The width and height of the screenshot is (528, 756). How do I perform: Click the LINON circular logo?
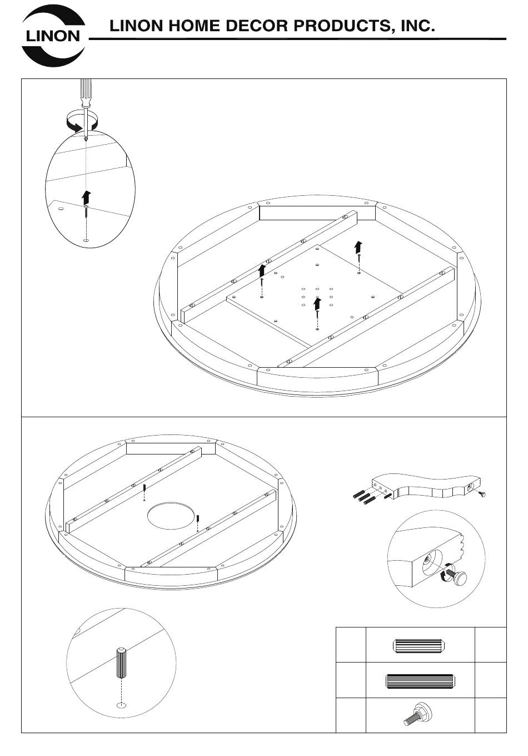(x=53, y=37)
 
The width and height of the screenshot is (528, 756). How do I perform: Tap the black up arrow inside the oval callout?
(x=86, y=196)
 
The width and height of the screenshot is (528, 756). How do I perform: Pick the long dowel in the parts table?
(x=420, y=680)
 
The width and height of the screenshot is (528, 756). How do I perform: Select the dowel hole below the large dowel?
(x=121, y=705)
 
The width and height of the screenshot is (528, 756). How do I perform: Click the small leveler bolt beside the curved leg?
(x=482, y=494)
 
